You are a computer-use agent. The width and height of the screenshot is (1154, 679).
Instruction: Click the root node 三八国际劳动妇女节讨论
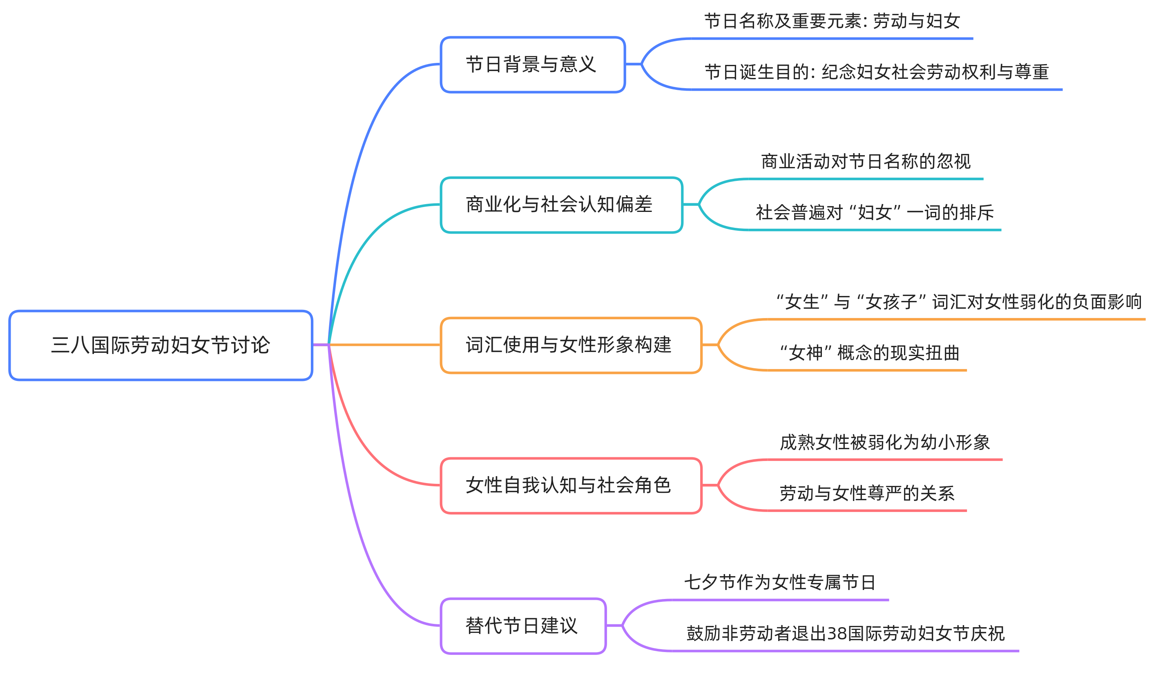point(160,345)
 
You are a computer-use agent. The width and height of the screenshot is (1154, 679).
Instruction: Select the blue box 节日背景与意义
point(533,65)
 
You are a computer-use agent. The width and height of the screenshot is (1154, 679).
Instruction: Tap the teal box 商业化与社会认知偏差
point(561,205)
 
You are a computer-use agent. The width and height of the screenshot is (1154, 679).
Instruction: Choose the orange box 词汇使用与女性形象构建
point(571,345)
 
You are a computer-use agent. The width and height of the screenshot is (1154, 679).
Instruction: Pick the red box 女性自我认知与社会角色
point(571,485)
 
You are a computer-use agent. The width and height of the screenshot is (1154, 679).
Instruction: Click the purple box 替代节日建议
point(523,626)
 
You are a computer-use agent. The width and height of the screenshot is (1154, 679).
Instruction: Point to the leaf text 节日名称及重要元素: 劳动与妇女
point(832,22)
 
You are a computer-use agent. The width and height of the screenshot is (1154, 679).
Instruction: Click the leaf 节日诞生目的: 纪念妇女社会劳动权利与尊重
point(877,72)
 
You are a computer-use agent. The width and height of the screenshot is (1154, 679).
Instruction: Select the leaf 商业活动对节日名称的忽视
point(866,162)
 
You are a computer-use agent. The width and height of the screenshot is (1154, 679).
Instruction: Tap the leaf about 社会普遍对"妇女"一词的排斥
point(875,213)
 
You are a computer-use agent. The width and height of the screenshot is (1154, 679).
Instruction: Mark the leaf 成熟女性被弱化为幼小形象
point(885,443)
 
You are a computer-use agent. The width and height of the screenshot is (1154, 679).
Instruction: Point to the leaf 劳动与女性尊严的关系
point(867,494)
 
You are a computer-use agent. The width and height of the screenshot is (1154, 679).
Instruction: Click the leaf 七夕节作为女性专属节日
point(780,583)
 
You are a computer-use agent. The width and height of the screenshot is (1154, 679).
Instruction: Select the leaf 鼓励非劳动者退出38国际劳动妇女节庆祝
point(845,634)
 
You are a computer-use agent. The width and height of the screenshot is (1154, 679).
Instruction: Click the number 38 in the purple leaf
point(837,634)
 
